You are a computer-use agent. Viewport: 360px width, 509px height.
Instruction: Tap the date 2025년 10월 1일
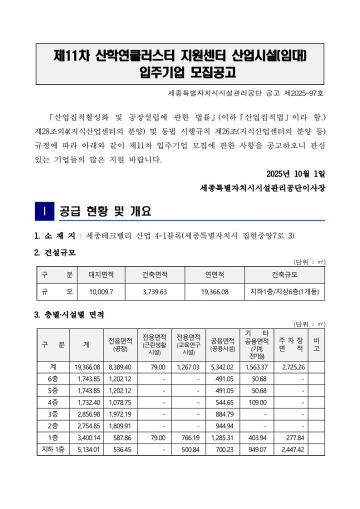tap(296, 174)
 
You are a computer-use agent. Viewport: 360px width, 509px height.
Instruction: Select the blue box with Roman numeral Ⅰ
tap(44, 210)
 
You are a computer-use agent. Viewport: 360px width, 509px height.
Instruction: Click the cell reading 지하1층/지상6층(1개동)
tap(284, 291)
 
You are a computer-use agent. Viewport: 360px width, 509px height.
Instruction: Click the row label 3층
tap(52, 413)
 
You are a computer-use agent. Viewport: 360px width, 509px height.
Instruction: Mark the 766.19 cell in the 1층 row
tap(189, 437)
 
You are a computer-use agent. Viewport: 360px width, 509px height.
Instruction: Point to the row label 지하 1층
tap(52, 449)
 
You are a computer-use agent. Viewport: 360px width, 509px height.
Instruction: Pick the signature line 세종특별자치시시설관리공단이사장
tap(262, 188)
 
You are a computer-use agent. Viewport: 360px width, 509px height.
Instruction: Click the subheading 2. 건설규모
tap(55, 253)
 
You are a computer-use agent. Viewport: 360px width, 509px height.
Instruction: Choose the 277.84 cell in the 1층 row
tap(293, 437)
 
